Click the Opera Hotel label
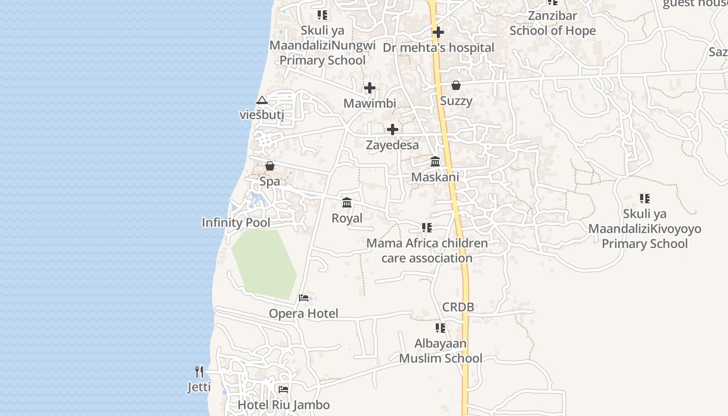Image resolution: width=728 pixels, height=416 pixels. coord(303,313)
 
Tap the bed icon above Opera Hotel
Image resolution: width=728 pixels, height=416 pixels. coord(304,298)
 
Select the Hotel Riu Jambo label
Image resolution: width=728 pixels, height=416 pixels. coord(283,405)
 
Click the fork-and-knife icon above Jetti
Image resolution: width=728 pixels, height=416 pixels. coord(199,372)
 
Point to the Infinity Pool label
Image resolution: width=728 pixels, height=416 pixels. coord(236,223)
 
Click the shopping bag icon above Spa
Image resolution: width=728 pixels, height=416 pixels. coord(270,166)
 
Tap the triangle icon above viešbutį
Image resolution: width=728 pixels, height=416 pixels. coord(262,100)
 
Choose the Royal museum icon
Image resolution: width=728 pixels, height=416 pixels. coord(347,202)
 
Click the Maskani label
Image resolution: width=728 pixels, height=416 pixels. coord(435,177)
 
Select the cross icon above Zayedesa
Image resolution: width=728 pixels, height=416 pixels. coord(393,129)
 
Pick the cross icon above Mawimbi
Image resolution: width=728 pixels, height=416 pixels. coord(370,88)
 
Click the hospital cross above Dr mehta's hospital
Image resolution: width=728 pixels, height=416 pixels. coord(438,32)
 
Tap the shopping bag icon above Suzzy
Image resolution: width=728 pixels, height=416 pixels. coord(456,85)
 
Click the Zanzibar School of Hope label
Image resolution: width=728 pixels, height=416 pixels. coord(552,23)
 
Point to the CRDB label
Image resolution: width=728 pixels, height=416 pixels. coord(458,307)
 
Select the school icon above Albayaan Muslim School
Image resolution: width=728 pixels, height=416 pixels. coord(440,328)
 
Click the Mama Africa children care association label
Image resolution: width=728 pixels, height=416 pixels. coord(427,251)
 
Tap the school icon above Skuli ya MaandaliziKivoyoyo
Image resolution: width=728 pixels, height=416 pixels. coord(645,198)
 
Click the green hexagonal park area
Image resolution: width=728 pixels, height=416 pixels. coord(264,264)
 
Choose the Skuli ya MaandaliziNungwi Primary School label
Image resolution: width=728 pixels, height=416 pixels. coord(322,45)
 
